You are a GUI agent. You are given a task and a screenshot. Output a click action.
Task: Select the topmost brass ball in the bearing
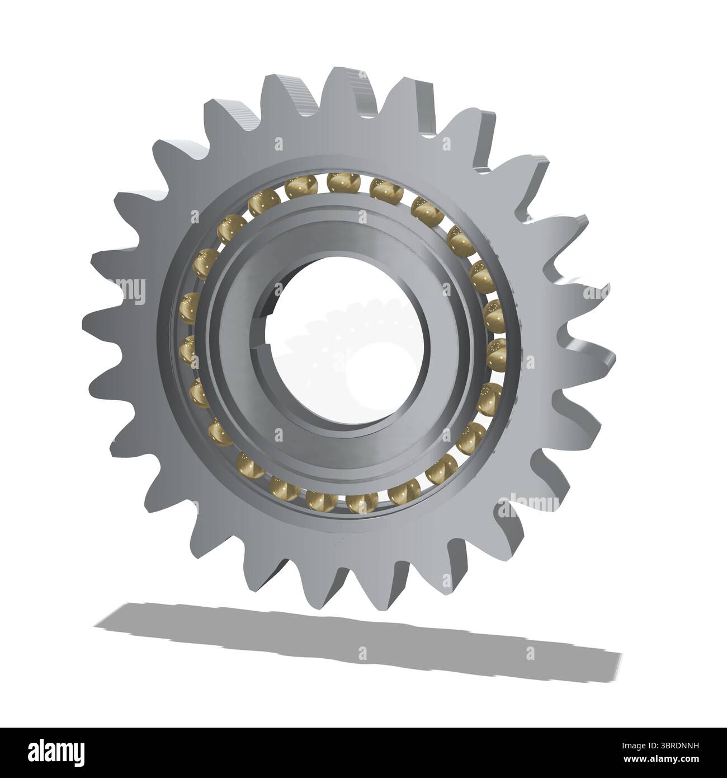point(338,181)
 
